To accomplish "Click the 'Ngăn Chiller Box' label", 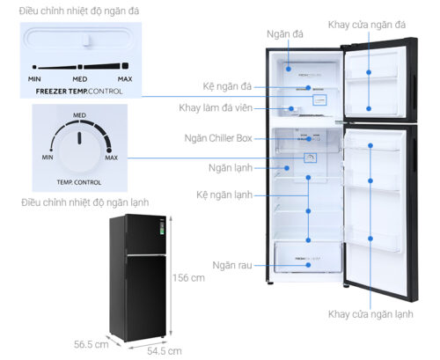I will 218,139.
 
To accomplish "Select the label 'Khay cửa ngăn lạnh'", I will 370,314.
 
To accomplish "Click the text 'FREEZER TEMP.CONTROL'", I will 79,90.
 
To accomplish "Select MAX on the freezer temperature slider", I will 124,79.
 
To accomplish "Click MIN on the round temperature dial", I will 47,157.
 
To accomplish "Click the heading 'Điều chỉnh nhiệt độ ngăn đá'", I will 70,10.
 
